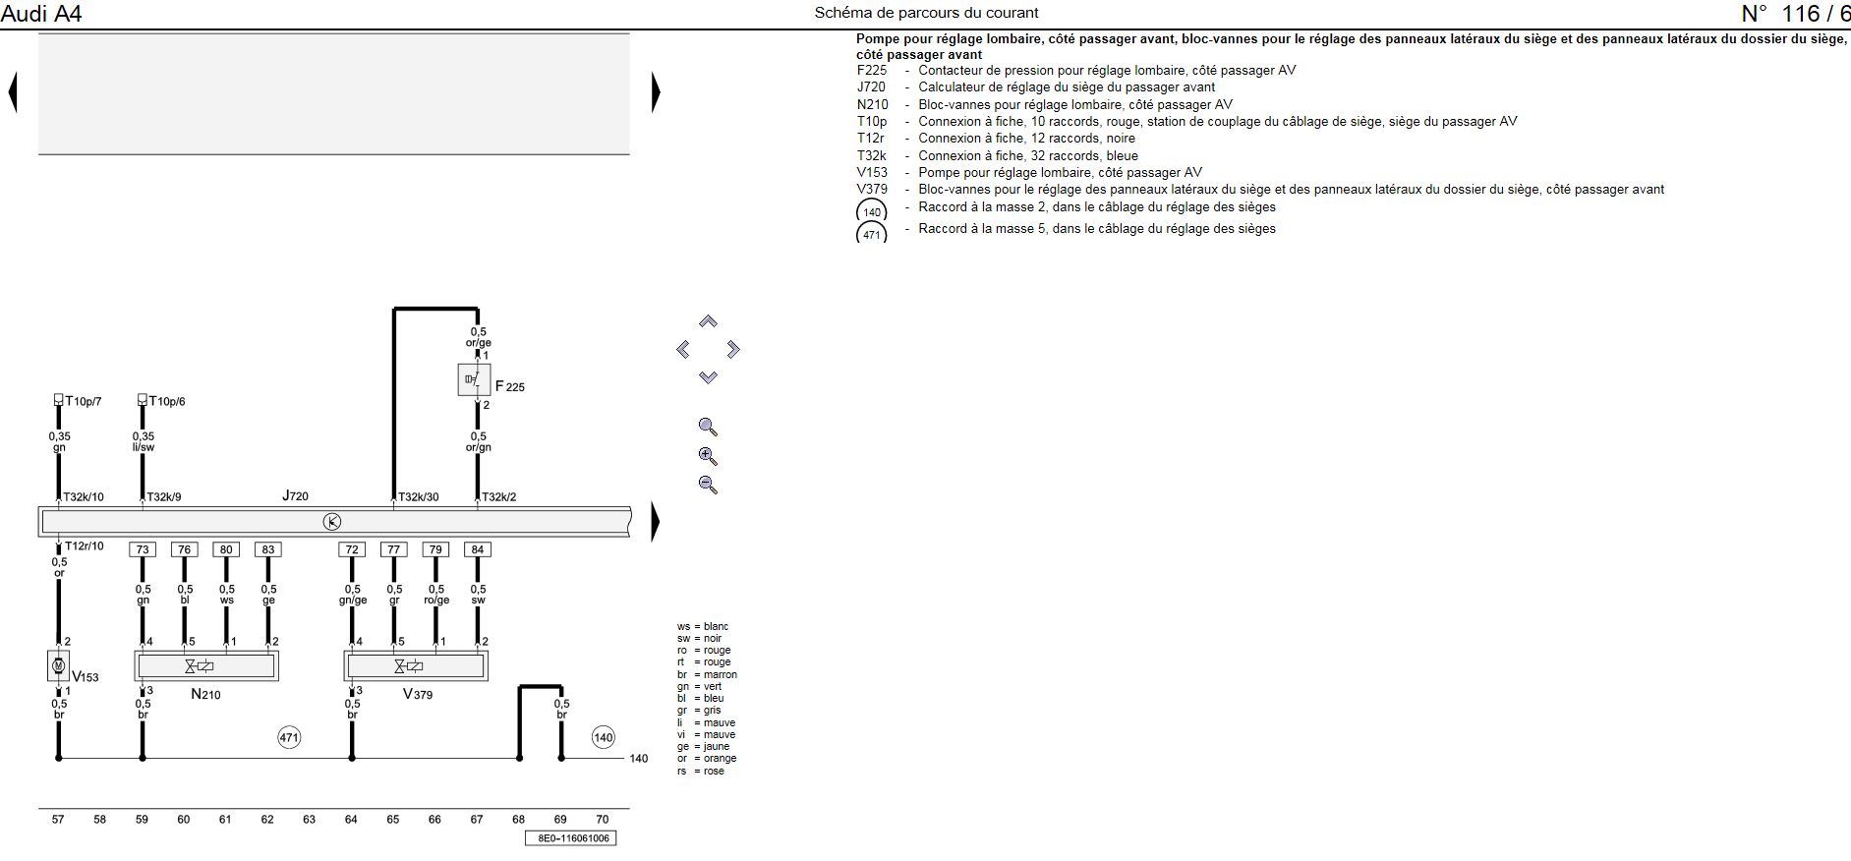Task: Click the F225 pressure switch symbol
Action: [x=474, y=379]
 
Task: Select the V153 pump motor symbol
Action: [x=59, y=665]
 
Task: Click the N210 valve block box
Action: [x=206, y=665]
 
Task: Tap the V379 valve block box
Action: [x=416, y=665]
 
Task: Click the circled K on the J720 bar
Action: [x=332, y=522]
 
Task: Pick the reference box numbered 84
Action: [x=478, y=549]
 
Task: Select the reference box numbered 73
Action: [x=143, y=549]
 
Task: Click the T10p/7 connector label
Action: [x=83, y=401]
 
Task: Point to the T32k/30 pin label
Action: [x=418, y=496]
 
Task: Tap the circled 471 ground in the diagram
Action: [x=289, y=737]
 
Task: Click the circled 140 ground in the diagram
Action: [x=604, y=737]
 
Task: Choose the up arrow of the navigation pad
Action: [x=708, y=322]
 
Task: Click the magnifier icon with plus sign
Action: [x=708, y=456]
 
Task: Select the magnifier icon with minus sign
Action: [x=708, y=485]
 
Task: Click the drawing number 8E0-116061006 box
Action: [x=571, y=838]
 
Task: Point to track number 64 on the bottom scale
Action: [x=351, y=819]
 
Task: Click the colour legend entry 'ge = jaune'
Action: [x=704, y=746]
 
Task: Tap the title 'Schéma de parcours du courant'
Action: [x=926, y=13]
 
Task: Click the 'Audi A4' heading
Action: [x=41, y=14]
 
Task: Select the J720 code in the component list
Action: [x=871, y=86]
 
